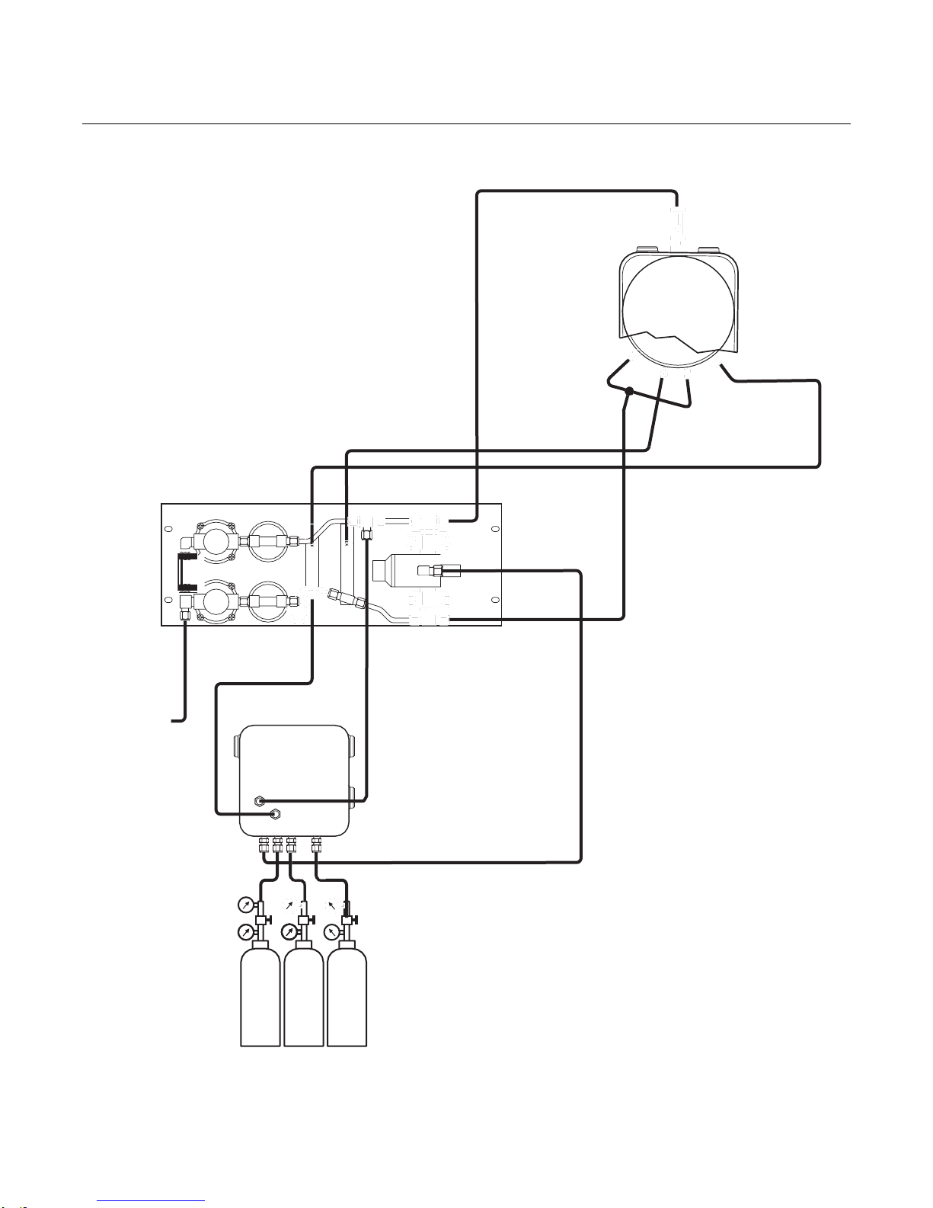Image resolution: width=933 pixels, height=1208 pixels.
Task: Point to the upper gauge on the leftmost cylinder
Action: point(245,905)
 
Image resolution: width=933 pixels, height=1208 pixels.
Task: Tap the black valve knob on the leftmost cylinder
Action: point(261,906)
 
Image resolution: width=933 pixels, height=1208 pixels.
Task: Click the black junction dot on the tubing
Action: point(629,392)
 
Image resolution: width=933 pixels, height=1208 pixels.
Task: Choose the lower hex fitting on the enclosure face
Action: point(275,815)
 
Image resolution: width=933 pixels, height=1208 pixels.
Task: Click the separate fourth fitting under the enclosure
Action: point(317,844)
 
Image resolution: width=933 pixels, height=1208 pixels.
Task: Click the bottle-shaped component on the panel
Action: point(404,570)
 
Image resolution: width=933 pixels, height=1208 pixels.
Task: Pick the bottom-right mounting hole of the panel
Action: point(495,601)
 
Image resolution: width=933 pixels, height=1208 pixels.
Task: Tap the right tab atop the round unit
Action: point(710,249)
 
